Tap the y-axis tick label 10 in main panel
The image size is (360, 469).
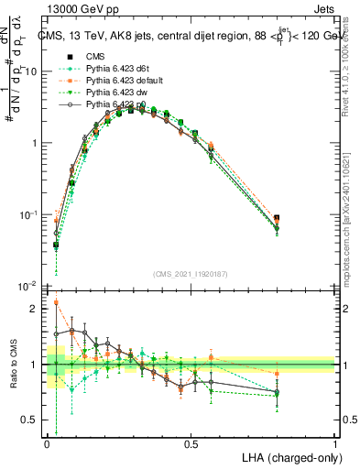(x=32, y=71)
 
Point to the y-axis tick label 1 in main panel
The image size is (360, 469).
(x=36, y=143)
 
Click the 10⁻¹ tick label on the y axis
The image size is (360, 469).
(x=30, y=214)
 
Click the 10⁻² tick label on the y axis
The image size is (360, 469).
(x=30, y=286)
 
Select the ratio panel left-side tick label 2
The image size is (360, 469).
(x=36, y=309)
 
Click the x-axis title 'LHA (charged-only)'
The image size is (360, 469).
(x=289, y=457)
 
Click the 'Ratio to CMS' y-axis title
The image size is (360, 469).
(x=12, y=365)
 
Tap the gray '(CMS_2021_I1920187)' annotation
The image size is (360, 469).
(x=191, y=274)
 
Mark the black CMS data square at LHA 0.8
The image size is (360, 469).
(x=278, y=218)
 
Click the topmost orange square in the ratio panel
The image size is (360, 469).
(x=57, y=302)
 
